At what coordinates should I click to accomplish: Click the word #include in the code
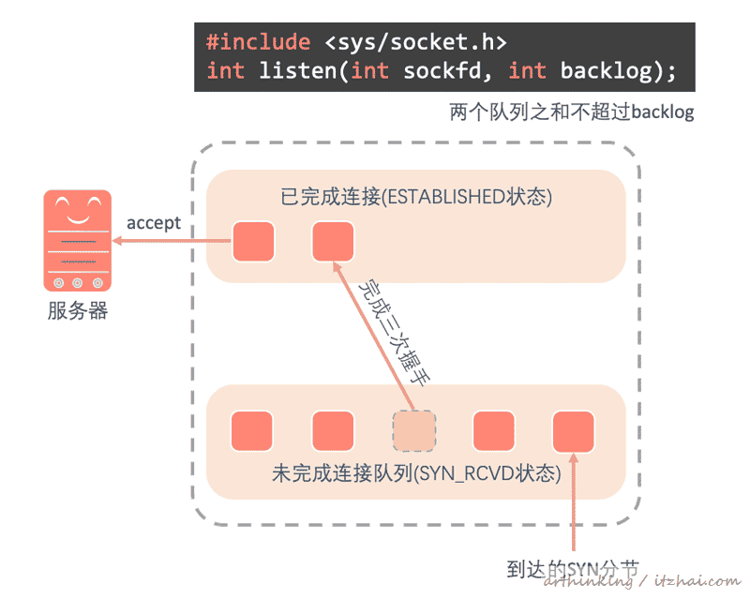click(258, 42)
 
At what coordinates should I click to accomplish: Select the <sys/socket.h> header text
click(415, 42)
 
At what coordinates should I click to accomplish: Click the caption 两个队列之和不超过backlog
click(572, 113)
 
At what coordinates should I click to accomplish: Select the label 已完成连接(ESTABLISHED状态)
click(416, 197)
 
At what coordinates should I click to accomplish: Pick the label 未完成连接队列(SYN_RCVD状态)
click(416, 473)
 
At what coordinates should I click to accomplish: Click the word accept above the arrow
click(154, 223)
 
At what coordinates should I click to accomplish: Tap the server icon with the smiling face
click(77, 240)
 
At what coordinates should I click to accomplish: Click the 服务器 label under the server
click(77, 311)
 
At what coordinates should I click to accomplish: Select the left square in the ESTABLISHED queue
click(253, 242)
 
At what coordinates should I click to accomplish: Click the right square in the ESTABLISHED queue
click(333, 242)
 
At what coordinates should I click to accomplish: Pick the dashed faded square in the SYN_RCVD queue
click(413, 431)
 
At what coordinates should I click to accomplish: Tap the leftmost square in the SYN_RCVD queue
click(252, 431)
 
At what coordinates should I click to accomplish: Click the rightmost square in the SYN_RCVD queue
click(574, 431)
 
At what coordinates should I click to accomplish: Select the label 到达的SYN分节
click(573, 569)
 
